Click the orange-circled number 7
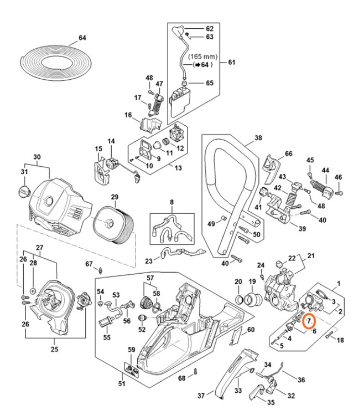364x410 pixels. pos(309,321)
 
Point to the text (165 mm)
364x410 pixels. pos(202,57)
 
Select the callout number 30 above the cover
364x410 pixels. pos(38,157)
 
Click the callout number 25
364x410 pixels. pos(54,349)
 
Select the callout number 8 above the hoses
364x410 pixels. pos(171,203)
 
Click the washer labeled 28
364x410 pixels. pos(33,290)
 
